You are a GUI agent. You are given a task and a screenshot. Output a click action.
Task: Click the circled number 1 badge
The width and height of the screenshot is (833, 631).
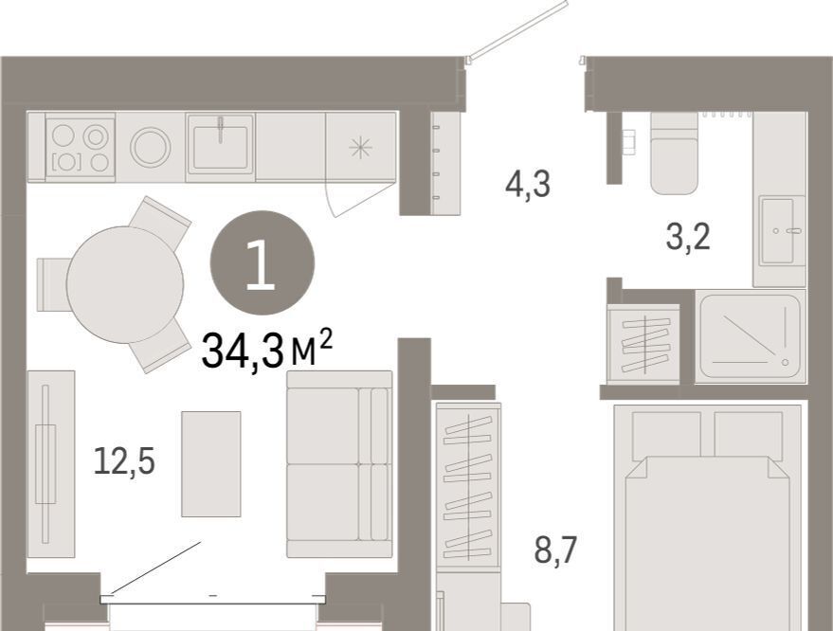263,263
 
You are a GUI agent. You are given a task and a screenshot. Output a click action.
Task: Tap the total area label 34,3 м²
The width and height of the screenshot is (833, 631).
267,350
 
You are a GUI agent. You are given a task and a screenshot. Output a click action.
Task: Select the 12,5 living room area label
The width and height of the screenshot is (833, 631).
124,460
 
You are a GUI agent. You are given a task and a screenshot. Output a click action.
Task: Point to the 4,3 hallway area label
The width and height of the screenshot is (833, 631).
528,185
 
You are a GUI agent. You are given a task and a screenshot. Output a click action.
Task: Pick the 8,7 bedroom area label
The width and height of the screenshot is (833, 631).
555,550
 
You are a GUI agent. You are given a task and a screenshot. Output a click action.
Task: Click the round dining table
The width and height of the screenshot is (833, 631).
125,284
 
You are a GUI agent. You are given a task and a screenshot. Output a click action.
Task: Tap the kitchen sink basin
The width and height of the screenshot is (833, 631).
221,145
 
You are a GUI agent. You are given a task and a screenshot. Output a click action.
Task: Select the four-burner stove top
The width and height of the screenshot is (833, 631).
81,148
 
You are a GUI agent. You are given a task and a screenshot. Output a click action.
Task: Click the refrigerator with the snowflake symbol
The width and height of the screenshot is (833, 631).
361,147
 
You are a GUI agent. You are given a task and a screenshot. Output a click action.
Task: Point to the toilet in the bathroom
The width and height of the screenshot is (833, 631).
674,153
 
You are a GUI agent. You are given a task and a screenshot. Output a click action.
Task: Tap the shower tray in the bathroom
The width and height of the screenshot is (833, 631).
751,336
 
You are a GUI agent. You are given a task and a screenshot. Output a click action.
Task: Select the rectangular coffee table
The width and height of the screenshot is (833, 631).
211,463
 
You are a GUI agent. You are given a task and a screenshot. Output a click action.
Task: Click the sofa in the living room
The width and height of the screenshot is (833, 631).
339,464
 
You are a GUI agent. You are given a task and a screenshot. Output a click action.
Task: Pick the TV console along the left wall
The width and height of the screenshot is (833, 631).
51,464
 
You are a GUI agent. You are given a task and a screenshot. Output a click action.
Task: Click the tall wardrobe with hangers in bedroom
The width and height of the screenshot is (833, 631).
468,487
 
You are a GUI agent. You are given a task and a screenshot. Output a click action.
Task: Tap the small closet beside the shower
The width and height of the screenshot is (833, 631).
643,344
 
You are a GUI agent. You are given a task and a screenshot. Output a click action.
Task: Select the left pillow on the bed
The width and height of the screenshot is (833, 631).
666,436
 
